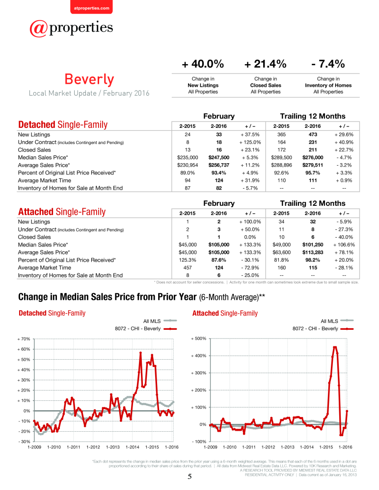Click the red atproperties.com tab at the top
[91, 7]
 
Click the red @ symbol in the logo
[38, 28]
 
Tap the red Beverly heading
[89, 79]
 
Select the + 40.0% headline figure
[203, 64]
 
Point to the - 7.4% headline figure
[328, 64]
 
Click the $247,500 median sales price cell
[219, 157]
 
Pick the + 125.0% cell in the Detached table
[250, 142]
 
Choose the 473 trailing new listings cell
[313, 135]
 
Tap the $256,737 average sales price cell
[219, 165]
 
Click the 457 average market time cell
[188, 268]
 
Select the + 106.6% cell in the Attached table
[344, 245]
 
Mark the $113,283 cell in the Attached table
[313, 252]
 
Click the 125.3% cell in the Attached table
[188, 260]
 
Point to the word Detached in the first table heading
[37, 124]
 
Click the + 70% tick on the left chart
[24, 339]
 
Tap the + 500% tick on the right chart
[199, 339]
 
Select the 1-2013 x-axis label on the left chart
[113, 447]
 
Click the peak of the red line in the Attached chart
[335, 347]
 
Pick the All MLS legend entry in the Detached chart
[160, 321]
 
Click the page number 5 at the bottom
[189, 477]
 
